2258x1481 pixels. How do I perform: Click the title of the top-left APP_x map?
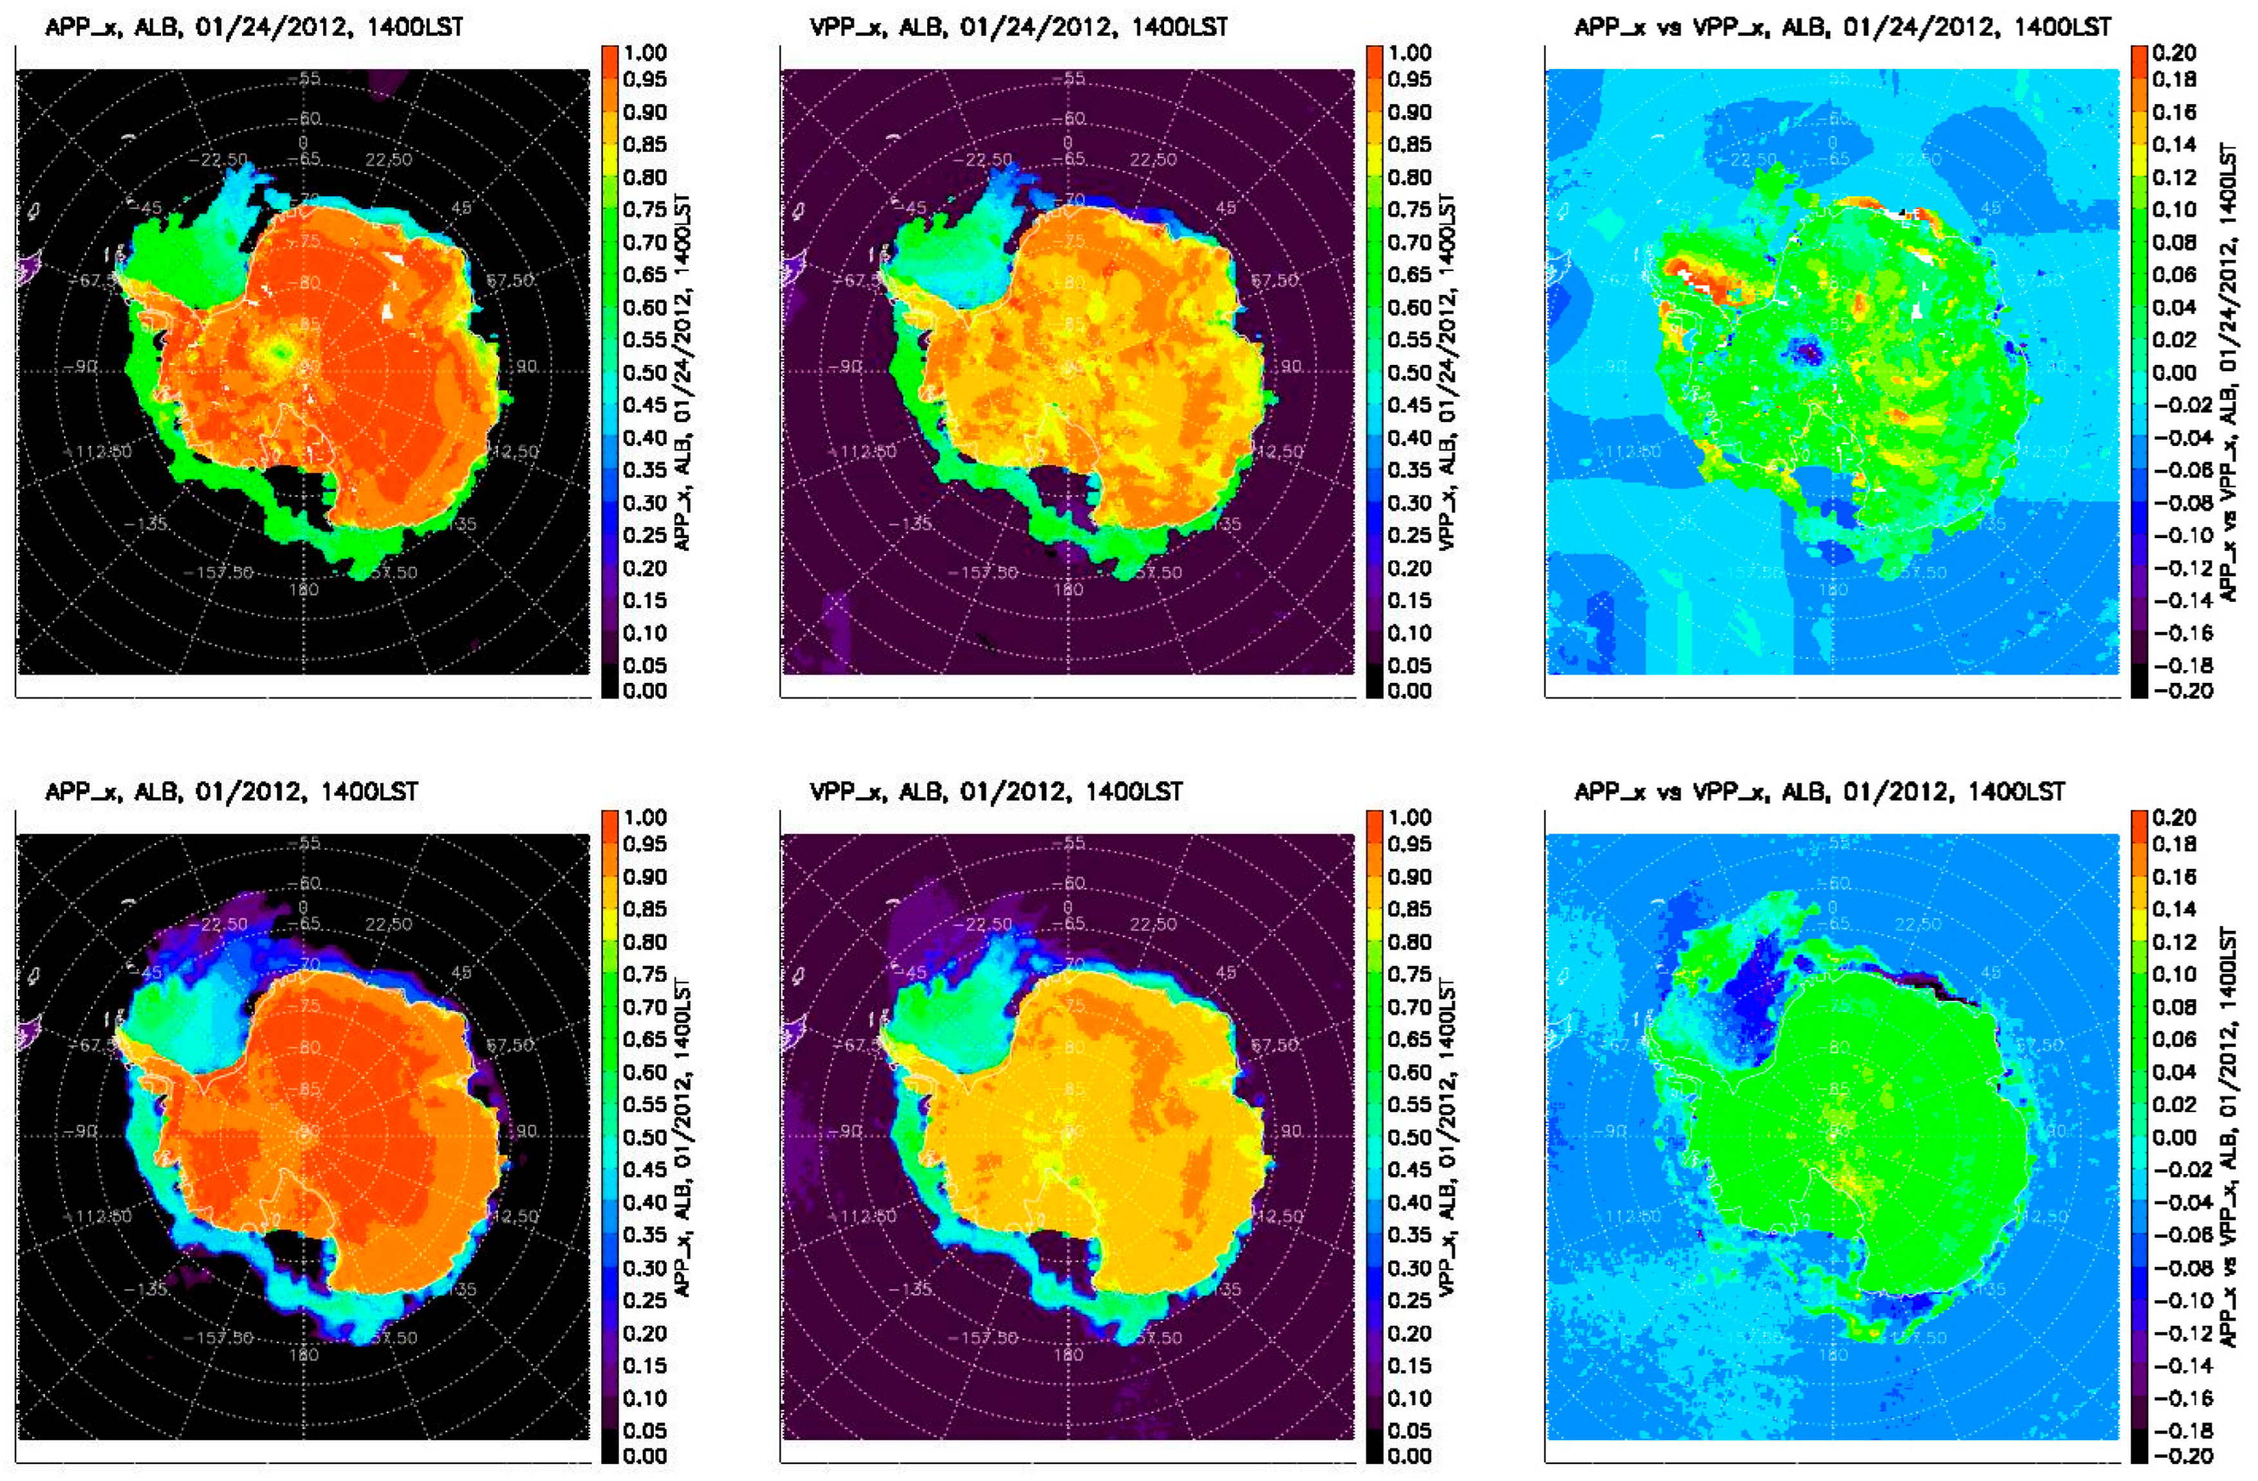[254, 26]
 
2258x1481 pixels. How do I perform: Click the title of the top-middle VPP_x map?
[1018, 26]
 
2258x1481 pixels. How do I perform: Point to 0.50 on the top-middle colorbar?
[1409, 372]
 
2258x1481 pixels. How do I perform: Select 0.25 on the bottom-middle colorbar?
[1409, 1299]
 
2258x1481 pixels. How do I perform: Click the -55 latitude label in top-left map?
[308, 78]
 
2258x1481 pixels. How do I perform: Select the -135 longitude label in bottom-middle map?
[910, 1289]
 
